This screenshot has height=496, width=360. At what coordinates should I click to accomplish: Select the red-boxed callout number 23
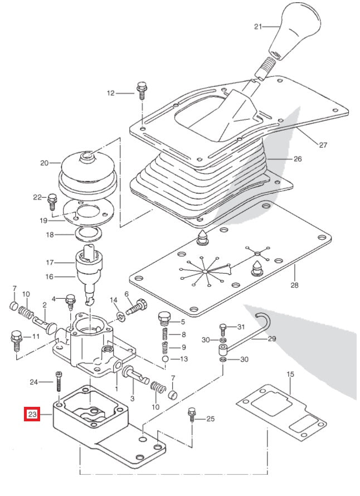click(32, 415)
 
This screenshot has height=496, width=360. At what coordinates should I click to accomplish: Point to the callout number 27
click(323, 145)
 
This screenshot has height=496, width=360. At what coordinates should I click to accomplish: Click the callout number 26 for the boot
click(298, 159)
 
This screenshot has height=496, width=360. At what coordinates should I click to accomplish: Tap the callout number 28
click(294, 285)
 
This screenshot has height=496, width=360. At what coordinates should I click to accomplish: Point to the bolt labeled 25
click(192, 416)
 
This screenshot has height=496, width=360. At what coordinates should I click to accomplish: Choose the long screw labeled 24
click(58, 385)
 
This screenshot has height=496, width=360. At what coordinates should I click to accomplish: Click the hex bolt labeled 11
click(15, 339)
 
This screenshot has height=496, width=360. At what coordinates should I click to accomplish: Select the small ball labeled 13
click(166, 359)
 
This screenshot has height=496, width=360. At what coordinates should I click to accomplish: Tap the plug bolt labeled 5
click(164, 319)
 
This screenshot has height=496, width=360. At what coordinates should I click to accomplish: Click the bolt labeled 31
click(223, 328)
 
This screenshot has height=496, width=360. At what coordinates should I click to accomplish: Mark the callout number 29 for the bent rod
click(272, 338)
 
